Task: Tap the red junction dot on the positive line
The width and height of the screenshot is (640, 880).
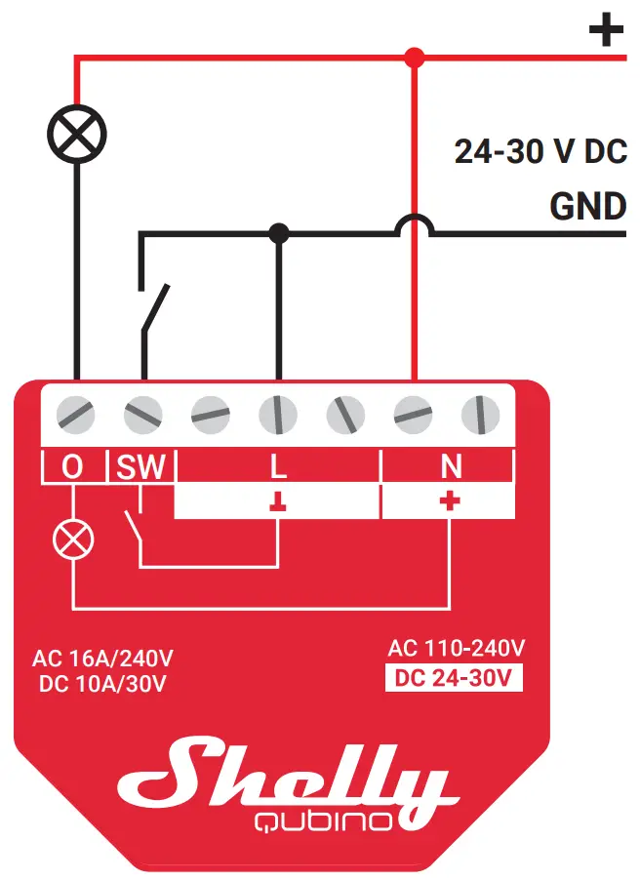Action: click(415, 58)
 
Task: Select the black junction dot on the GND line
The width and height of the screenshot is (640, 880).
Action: click(279, 233)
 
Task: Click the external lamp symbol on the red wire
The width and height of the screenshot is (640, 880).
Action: click(77, 133)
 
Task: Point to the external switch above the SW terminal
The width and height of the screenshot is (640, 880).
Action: click(154, 307)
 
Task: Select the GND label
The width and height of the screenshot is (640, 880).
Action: click(587, 206)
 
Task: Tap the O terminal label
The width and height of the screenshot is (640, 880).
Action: click(73, 467)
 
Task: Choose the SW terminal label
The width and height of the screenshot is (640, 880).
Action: click(142, 467)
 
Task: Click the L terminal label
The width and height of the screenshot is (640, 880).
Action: click(278, 467)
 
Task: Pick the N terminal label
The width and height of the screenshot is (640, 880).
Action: click(450, 467)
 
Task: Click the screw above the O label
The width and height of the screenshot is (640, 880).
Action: click(77, 415)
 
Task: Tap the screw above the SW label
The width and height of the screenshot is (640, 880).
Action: click(143, 415)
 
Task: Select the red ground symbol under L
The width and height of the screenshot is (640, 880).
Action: click(278, 502)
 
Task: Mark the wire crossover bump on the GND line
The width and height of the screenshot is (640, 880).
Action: click(415, 226)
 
